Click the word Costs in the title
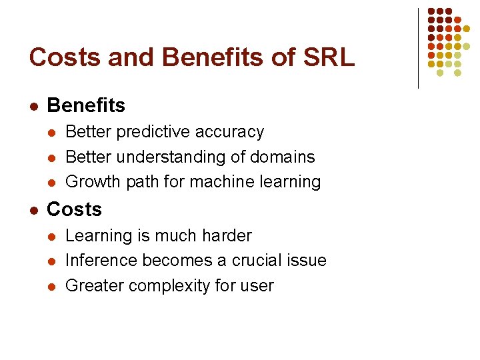pos(61,57)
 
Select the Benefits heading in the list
pos(86,105)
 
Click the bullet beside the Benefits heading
pos(33,106)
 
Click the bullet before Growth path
pos(52,182)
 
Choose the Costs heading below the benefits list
pos(74,209)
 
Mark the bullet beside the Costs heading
pos(33,210)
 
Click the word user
pos(257,286)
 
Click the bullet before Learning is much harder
pos(52,237)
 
